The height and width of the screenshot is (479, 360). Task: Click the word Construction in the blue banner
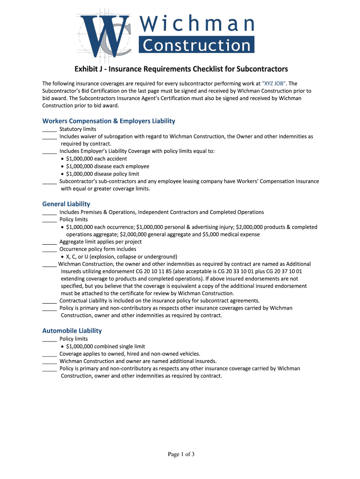[x=196, y=45]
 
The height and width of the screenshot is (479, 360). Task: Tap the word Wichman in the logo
[x=197, y=23]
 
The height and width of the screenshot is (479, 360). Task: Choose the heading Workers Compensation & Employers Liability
[x=108, y=121]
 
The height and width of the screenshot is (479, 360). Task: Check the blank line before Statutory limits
[x=49, y=129]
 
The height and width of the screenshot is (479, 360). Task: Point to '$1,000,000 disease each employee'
[x=108, y=166]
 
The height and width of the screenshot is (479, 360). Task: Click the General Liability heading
[x=66, y=204]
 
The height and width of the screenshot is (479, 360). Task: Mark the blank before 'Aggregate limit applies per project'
[x=49, y=242]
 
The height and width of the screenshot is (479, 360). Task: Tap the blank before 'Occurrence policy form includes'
[x=49, y=249]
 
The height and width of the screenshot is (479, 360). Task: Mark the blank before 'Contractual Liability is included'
[x=49, y=301]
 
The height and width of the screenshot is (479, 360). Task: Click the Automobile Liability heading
[x=72, y=331]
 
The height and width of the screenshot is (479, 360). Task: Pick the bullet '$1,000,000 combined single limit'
[x=105, y=347]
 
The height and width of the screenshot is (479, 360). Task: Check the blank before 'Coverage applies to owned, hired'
[x=49, y=354]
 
